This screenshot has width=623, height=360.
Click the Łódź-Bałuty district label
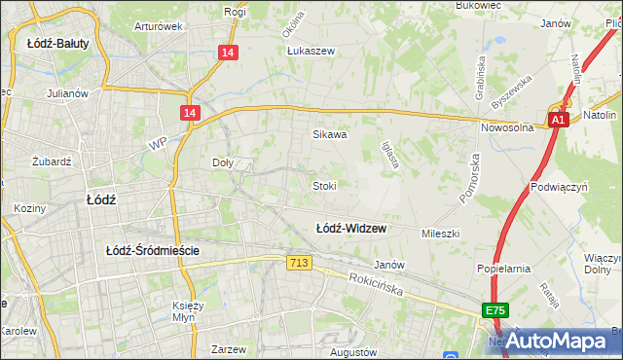click(x=53, y=43)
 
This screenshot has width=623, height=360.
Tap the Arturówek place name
click(x=159, y=26)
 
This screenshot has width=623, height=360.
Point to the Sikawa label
click(x=330, y=135)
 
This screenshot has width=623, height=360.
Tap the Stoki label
click(x=324, y=185)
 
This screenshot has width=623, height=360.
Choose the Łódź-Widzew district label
click(x=351, y=229)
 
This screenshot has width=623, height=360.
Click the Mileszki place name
click(x=440, y=234)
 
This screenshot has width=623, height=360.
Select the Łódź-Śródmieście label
click(x=153, y=250)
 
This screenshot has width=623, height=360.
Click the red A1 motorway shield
click(x=557, y=120)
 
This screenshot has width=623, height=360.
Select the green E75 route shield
click(x=495, y=310)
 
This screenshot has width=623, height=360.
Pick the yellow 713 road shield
click(x=299, y=263)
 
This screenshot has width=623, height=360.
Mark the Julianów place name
click(x=67, y=94)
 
